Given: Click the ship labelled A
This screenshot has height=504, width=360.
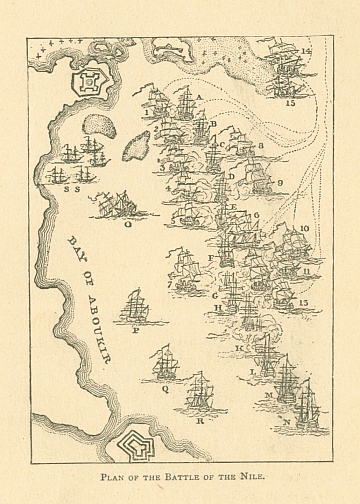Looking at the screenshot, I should click(x=185, y=100).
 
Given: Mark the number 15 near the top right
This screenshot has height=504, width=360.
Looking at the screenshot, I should click(x=290, y=102).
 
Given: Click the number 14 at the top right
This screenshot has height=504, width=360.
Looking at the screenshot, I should click(x=306, y=50).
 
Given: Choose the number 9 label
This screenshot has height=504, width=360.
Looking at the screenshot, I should click(x=280, y=183).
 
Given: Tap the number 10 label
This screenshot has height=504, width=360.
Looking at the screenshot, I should click(x=303, y=229).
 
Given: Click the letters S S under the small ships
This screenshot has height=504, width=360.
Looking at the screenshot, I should click(x=70, y=186).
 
